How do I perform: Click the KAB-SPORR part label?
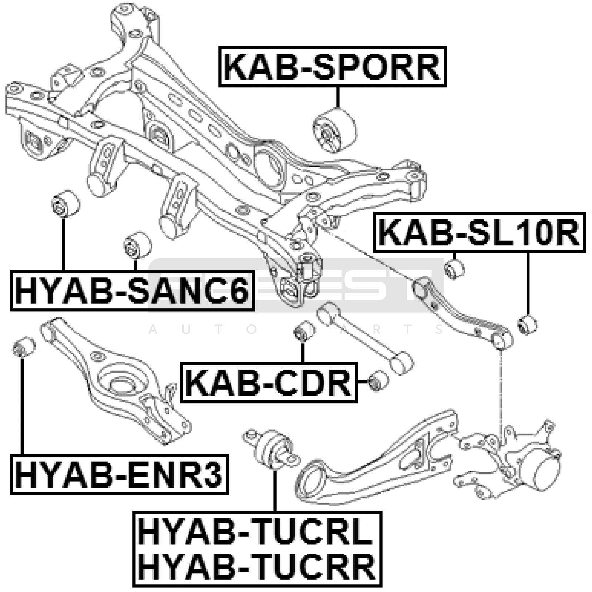(332, 67)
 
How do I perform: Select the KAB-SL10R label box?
(480, 232)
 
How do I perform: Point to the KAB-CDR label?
(269, 383)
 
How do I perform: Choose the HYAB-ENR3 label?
(119, 474)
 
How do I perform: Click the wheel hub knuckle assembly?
(514, 462)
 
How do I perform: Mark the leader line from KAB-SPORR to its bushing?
(337, 97)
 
